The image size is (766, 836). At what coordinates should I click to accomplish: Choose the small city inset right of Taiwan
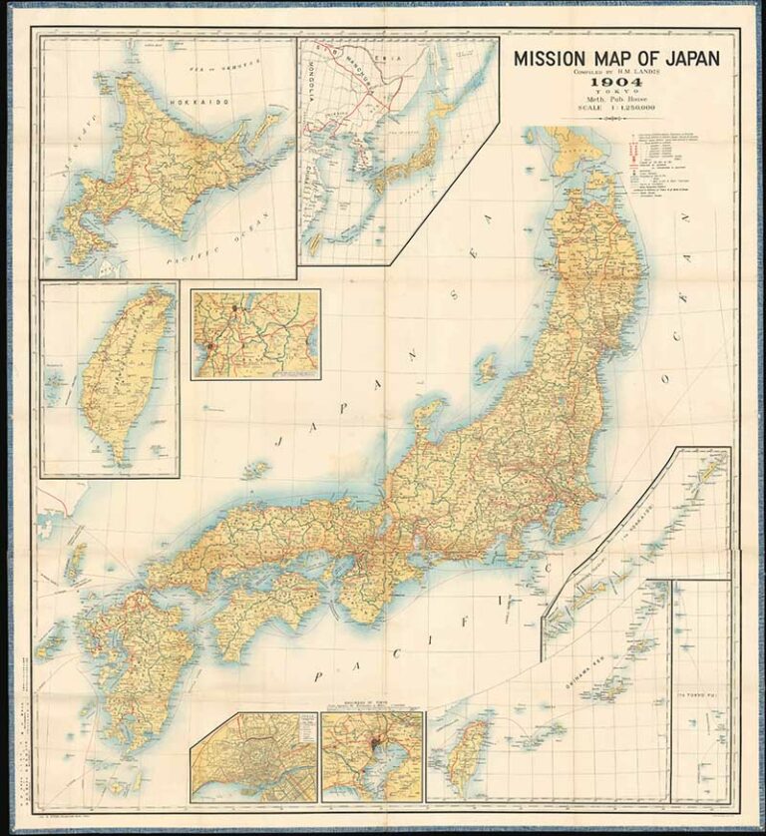tap(255, 334)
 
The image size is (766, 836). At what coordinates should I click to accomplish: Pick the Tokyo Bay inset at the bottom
tap(372, 756)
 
